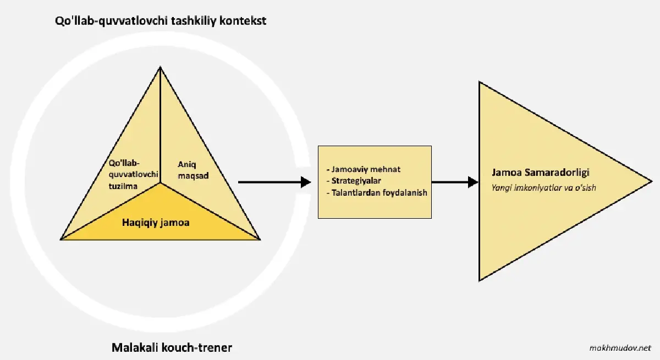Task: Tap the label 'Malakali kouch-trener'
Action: tap(172, 347)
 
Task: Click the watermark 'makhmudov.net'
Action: tap(619, 348)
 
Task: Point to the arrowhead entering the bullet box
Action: tap(306, 182)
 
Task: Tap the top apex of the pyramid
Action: tap(160, 68)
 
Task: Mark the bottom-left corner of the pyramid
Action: tap(62, 239)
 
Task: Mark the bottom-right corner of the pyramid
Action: tap(259, 239)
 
